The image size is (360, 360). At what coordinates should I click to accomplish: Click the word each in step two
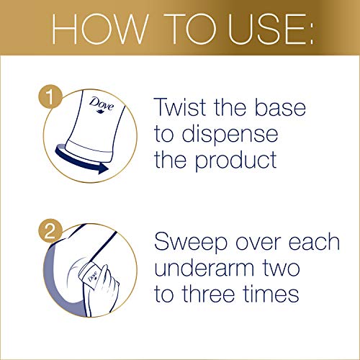click(314, 243)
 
